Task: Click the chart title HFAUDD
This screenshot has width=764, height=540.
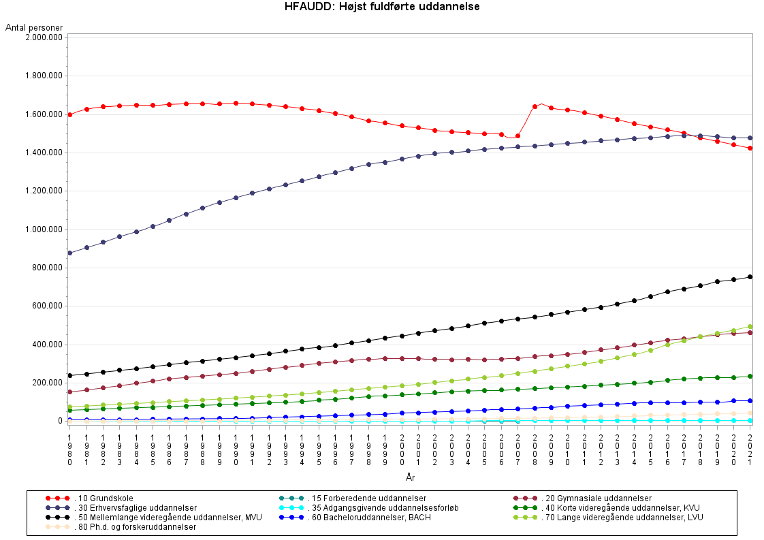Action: [382, 7]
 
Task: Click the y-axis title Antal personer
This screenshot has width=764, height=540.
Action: [34, 27]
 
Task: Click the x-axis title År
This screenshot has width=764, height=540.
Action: [410, 478]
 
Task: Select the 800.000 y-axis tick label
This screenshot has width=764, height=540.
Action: [46, 268]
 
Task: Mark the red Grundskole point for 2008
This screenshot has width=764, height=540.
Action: [535, 106]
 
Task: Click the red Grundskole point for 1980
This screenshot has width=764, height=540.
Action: [70, 114]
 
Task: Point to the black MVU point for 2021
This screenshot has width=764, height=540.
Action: [750, 276]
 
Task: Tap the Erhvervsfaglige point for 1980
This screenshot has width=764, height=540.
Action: [70, 253]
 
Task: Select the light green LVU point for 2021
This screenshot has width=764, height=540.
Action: [750, 326]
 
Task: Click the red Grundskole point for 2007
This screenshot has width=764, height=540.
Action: [518, 136]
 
